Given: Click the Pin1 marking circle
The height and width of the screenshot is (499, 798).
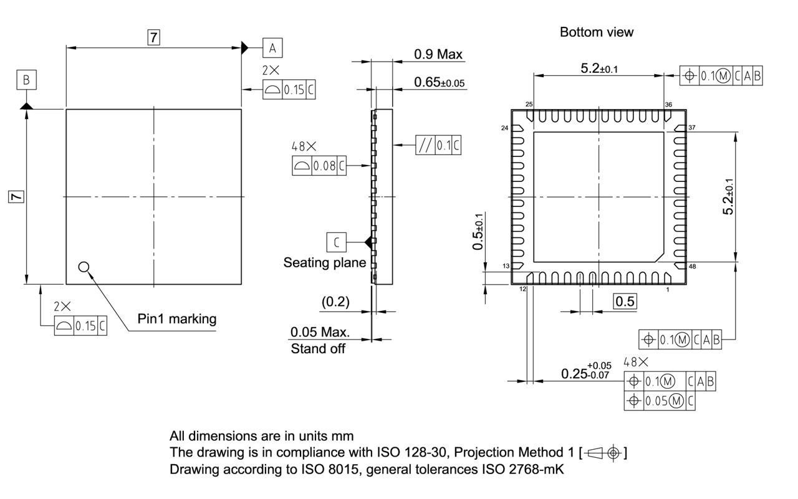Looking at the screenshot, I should pos(84,267).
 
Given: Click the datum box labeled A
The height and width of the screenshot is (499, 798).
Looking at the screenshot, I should pos(272,47).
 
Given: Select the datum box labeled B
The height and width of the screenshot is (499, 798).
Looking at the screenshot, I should pos(26,80).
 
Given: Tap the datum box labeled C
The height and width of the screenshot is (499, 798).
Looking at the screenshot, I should pos(336,241).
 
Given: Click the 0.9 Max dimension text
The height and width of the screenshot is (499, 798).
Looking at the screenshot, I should pos(438,54).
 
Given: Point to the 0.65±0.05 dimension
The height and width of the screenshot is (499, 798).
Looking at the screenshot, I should pos(439,82).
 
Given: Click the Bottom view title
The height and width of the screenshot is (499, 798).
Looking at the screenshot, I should pos(596,32).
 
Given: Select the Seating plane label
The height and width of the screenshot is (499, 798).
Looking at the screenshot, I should pos(324,262).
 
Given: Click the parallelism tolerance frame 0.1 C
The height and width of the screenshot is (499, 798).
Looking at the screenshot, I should pos(439,146).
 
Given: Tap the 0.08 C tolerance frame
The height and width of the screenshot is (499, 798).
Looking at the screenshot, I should pos(319,166).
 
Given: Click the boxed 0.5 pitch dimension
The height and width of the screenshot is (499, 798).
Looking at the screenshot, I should pos(625,302).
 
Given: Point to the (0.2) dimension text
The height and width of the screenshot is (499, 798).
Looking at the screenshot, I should pos(335,302).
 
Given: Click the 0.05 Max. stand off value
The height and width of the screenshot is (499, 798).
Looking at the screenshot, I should pos(320,332).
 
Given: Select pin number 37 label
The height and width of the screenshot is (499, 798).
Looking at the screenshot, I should pos(691,127).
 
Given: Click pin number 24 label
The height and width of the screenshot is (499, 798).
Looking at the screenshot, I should pos(504,128).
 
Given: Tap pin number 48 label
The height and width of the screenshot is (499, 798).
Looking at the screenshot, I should pos(691,267).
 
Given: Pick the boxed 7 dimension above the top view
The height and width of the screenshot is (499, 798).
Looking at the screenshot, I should pos(153,37).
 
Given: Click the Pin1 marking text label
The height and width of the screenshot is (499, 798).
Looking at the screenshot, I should pos(177,319).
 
